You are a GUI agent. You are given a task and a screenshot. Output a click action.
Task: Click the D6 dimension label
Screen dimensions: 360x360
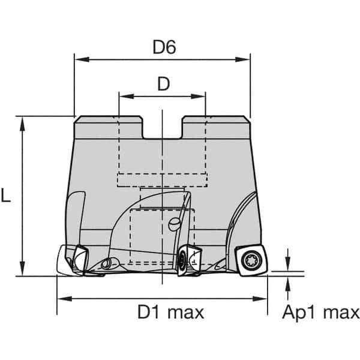point(163,47)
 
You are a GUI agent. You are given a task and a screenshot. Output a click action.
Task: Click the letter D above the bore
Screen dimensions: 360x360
point(163,84)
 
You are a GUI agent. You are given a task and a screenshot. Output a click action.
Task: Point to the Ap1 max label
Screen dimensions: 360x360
point(320,313)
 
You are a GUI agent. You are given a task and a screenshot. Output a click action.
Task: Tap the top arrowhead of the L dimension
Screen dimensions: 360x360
point(23,121)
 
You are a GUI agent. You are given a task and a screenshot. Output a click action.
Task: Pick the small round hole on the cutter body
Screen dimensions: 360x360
point(174,224)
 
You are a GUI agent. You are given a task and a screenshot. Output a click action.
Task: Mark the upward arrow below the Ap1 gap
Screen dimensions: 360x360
point(288,283)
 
